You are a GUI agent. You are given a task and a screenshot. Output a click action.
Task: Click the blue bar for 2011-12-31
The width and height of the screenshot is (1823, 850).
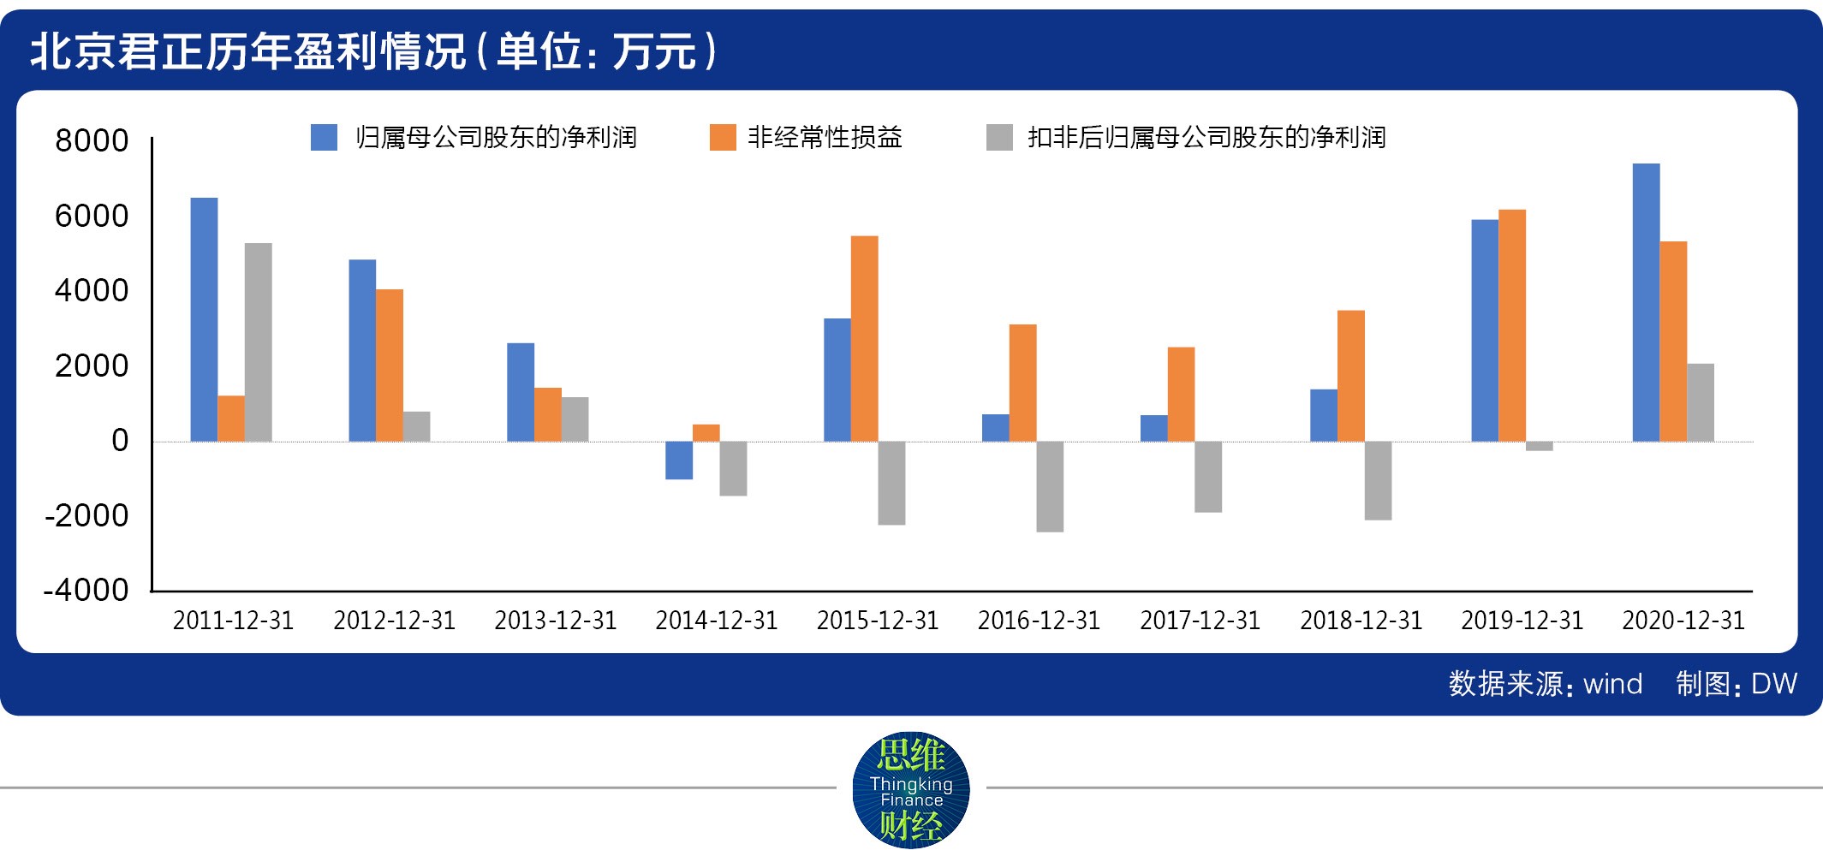click(x=204, y=319)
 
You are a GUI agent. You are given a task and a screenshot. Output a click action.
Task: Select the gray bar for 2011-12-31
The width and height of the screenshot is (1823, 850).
click(x=258, y=342)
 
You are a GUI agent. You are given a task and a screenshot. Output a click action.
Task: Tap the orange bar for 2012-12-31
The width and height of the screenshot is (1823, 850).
click(x=390, y=366)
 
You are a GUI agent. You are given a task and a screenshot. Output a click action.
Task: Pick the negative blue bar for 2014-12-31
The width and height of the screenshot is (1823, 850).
click(x=679, y=461)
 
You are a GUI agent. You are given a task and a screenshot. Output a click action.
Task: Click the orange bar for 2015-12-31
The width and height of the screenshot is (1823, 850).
click(x=864, y=338)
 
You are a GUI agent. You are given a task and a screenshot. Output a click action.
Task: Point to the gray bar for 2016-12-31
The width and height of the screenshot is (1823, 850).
click(x=1050, y=486)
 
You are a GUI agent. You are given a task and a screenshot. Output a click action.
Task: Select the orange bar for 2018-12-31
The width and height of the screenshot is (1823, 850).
click(x=1350, y=376)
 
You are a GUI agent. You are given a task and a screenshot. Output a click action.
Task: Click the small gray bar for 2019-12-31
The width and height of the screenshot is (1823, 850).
click(x=1539, y=446)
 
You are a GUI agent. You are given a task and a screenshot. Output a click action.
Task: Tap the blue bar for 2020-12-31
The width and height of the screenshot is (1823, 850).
click(x=1646, y=302)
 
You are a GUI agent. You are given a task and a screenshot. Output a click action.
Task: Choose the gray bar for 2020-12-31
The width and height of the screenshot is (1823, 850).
click(x=1701, y=402)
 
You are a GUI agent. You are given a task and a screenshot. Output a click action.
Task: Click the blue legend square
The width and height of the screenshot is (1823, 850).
click(x=324, y=138)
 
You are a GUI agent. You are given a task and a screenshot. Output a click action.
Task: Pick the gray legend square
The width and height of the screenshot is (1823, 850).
click(x=999, y=138)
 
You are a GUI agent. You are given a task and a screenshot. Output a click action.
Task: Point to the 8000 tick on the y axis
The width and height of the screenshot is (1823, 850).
click(x=92, y=140)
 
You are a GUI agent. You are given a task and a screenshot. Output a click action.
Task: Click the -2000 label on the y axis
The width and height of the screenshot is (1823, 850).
click(x=86, y=515)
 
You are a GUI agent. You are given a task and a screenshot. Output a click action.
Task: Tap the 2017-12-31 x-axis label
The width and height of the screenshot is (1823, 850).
click(x=1200, y=621)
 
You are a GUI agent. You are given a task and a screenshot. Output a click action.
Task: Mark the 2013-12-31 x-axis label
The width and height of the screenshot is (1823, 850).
click(x=556, y=621)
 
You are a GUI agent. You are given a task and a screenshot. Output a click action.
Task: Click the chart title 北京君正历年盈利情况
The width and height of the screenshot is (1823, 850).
click(x=248, y=51)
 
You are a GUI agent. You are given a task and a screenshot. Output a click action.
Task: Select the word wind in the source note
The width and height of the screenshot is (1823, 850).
click(x=1612, y=684)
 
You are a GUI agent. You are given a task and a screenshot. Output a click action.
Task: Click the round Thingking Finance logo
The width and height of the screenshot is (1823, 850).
click(x=911, y=789)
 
